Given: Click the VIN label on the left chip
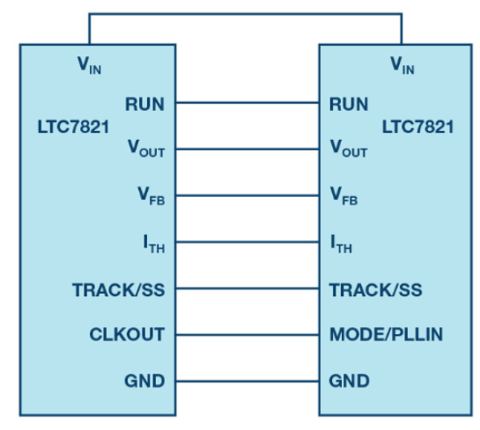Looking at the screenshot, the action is [89, 65].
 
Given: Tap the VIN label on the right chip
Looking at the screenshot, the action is [402, 65].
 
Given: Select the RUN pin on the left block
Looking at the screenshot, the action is [144, 105].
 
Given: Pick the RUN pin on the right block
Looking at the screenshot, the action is [349, 105].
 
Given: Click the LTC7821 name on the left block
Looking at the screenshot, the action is [73, 127].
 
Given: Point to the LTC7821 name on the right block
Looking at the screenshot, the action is [417, 127].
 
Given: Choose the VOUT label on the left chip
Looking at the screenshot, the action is [146, 149].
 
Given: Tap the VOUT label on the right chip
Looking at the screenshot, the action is [349, 149].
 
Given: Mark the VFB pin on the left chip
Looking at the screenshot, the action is [151, 196].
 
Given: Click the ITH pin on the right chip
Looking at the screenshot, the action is [342, 244].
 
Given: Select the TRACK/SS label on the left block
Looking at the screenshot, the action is [119, 289].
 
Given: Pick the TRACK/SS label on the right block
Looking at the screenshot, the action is [375, 289].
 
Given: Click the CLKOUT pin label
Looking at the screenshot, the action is [127, 334].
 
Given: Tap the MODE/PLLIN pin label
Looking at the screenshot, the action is [386, 334].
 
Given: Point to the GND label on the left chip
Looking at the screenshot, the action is [144, 381].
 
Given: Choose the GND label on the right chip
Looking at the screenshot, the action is [349, 381].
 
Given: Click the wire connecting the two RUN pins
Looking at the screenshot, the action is [247, 103].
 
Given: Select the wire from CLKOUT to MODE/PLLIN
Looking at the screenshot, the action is [247, 335].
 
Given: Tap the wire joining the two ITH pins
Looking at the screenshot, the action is [247, 242].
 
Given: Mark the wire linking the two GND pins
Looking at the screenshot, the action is [247, 381].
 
